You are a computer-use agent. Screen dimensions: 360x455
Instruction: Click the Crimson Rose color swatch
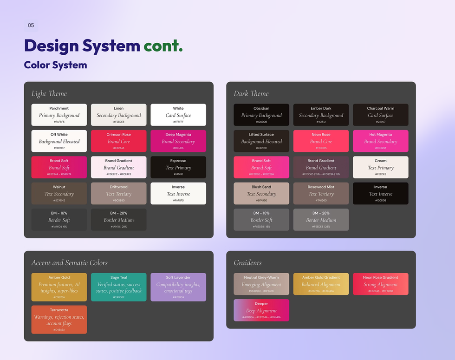[x=119, y=141]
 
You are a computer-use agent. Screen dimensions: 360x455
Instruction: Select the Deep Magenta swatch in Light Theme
[x=178, y=141]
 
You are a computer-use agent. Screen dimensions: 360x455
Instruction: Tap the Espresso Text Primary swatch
[x=178, y=167]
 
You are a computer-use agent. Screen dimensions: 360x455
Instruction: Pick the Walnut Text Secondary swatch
[x=59, y=194]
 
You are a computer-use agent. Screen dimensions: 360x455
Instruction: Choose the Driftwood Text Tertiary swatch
[x=119, y=194]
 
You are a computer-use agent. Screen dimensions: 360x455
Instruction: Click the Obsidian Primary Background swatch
[x=261, y=115]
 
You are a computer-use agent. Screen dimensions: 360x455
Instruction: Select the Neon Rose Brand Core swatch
[x=321, y=141]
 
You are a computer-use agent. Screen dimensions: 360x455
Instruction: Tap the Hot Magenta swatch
[x=381, y=141]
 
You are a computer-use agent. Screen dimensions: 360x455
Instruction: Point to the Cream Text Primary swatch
[x=381, y=167]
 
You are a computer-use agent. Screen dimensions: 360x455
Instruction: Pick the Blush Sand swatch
[x=261, y=194]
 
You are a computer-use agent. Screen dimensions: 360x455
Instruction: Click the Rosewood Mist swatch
[x=321, y=194]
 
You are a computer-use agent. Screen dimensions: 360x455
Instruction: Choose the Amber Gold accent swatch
[x=59, y=287]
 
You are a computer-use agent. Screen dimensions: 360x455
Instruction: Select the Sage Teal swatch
[x=119, y=287]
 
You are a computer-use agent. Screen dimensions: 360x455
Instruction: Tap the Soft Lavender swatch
[x=178, y=287]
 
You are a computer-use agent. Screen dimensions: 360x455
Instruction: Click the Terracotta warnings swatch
[x=59, y=320]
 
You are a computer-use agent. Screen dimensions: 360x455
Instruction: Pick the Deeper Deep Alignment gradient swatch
[x=261, y=310]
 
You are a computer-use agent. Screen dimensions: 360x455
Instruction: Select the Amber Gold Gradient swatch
[x=321, y=284]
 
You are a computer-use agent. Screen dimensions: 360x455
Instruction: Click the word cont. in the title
[x=163, y=46]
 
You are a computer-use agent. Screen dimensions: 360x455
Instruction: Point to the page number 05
[x=31, y=25]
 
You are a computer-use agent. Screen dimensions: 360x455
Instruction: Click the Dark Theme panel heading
[x=251, y=94]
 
